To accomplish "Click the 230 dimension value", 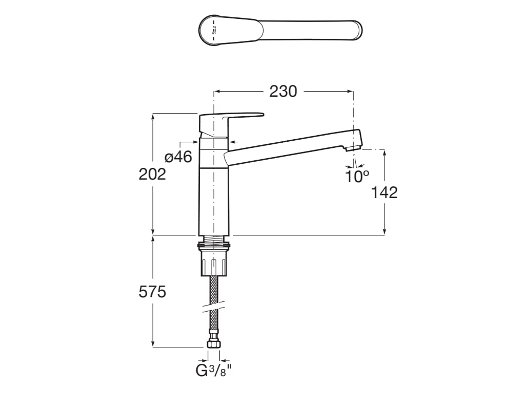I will pyautogui.click(x=283, y=91).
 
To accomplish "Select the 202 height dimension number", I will pyautogui.click(x=152, y=174).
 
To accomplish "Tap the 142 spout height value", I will pyautogui.click(x=384, y=192).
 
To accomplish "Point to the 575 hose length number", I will pyautogui.click(x=152, y=292).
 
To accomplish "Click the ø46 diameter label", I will pyautogui.click(x=178, y=157).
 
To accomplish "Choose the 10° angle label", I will pyautogui.click(x=357, y=177).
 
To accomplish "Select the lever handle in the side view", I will pyautogui.click(x=231, y=117).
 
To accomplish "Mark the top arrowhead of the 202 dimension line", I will pyautogui.click(x=152, y=116).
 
